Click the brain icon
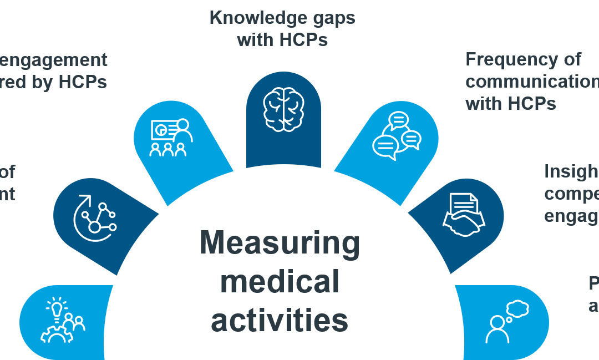[283, 109]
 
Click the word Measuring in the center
[280, 243]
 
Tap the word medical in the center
[280, 281]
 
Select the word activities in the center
[280, 320]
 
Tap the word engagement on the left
[53, 59]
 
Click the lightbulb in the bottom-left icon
[56, 307]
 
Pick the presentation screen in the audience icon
[163, 130]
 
